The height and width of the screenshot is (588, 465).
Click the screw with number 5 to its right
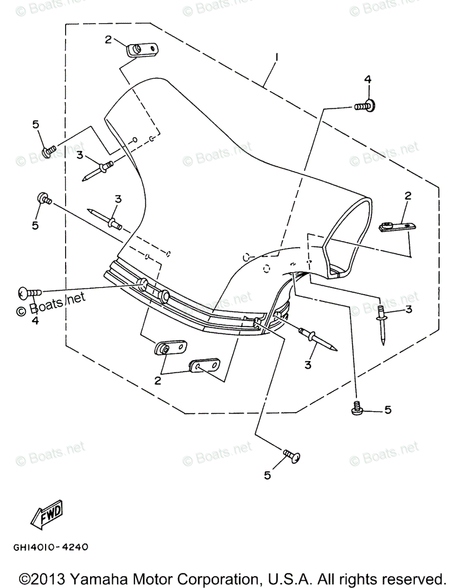[x=357, y=408]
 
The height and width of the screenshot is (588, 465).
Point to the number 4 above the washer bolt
[x=367, y=79]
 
